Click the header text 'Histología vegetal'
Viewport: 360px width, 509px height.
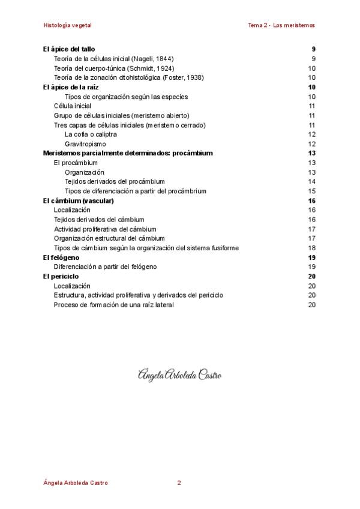pyautogui.click(x=67, y=25)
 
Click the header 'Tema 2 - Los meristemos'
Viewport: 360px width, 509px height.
pyautogui.click(x=281, y=25)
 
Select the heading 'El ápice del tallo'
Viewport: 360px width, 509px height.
pyautogui.click(x=69, y=49)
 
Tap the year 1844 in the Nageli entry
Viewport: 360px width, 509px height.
pyautogui.click(x=163, y=58)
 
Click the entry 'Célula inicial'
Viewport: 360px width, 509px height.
pyautogui.click(x=73, y=106)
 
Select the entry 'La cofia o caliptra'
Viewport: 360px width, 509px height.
pyautogui.click(x=91, y=134)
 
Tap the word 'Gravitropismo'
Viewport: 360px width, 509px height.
pyautogui.click(x=85, y=144)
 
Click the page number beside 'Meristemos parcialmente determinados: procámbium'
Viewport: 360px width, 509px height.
pyautogui.click(x=311, y=153)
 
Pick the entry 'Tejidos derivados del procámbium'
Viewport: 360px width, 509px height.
pyautogui.click(x=115, y=181)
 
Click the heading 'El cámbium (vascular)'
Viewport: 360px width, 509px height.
pyautogui.click(x=79, y=200)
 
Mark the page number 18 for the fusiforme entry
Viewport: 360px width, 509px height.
pyautogui.click(x=311, y=248)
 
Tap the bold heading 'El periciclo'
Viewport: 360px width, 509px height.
pyautogui.click(x=61, y=276)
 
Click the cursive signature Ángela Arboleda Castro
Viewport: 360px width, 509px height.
pyautogui.click(x=179, y=375)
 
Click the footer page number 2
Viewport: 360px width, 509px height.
pyautogui.click(x=179, y=483)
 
